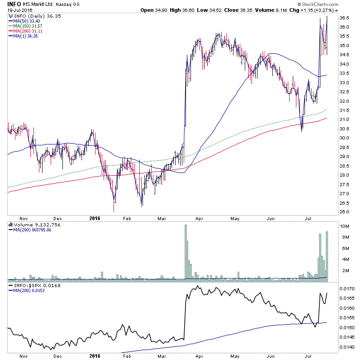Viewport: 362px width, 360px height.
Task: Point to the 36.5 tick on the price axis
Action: click(x=345, y=18)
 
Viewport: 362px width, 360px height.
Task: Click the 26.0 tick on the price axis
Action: click(x=345, y=212)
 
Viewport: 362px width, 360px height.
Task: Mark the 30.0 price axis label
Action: click(x=345, y=138)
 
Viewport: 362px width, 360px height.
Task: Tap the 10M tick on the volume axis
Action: click(x=344, y=226)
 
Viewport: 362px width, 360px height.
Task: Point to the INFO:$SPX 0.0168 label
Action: click(x=32, y=286)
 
